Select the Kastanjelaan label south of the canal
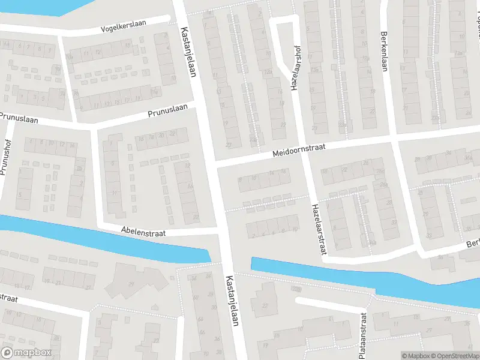click(x=232, y=301)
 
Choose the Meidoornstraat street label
click(x=298, y=150)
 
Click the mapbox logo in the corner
click(x=26, y=353)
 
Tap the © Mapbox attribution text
click(x=416, y=355)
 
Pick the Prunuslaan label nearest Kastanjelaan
click(x=168, y=112)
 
